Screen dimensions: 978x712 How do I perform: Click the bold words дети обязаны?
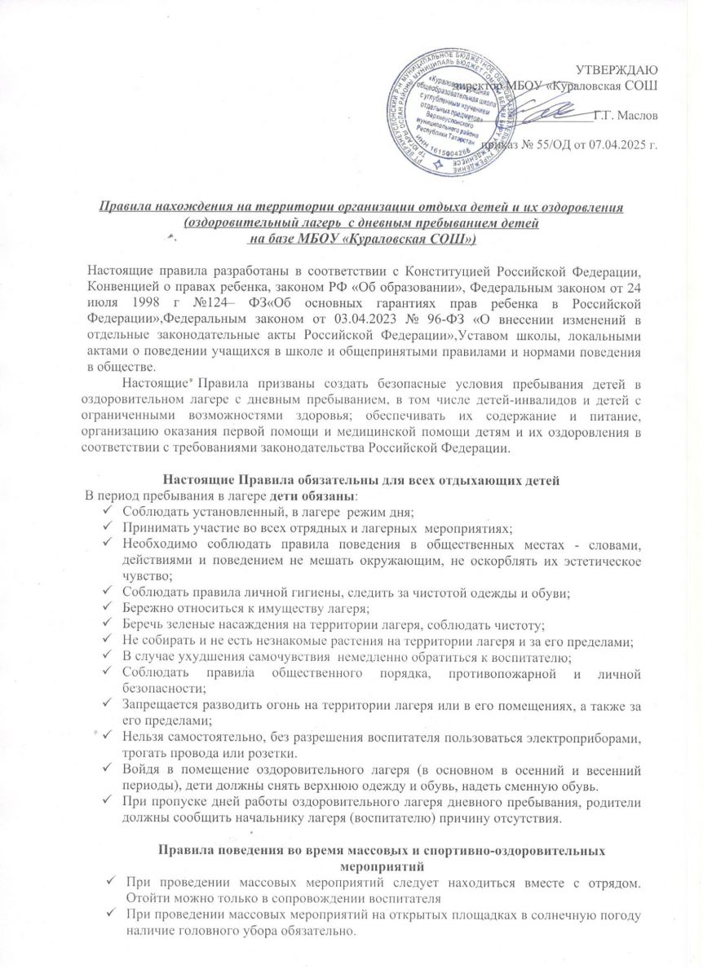[312, 496]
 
